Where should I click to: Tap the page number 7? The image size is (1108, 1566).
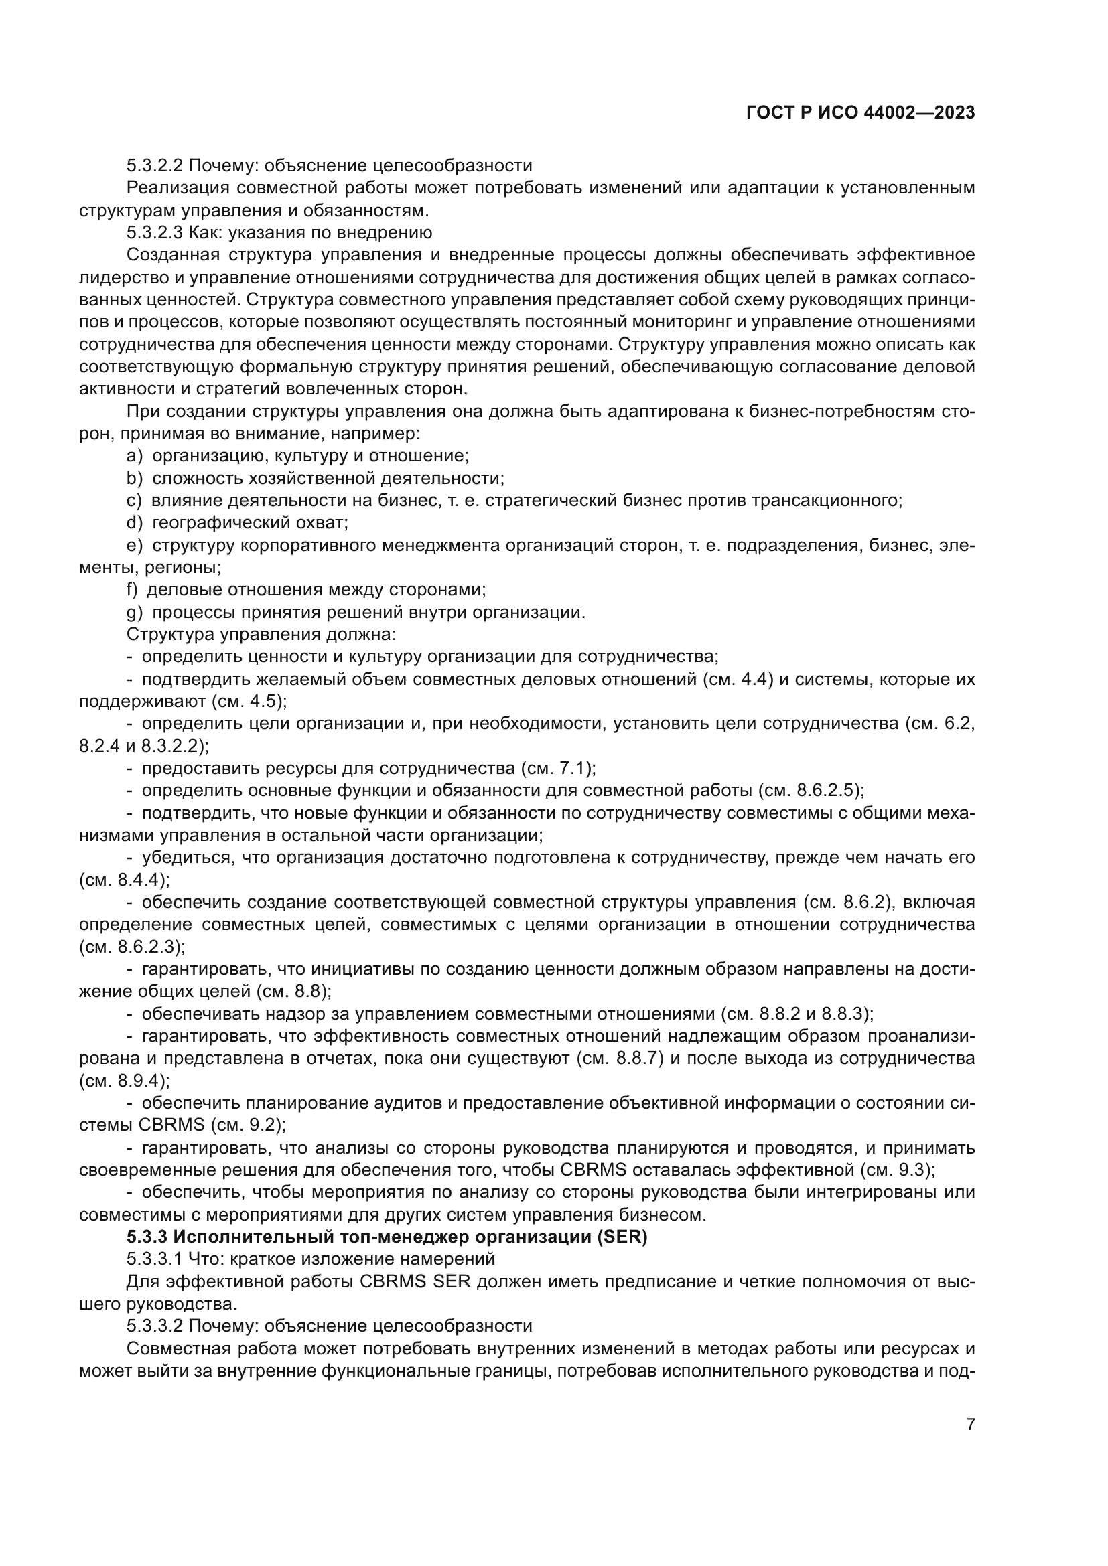click(970, 1425)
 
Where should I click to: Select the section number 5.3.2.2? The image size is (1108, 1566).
click(155, 166)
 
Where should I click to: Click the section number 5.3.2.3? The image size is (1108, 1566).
click(155, 233)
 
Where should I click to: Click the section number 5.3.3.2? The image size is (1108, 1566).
click(155, 1327)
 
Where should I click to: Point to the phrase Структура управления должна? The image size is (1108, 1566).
click(261, 635)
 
